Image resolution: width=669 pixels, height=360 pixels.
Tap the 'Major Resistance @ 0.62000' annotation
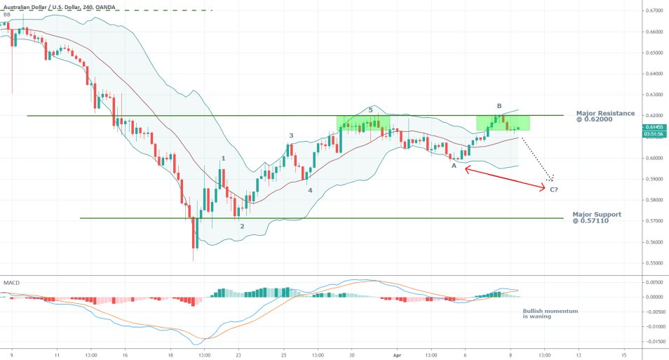click(606, 116)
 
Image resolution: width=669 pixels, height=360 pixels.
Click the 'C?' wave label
click(553, 189)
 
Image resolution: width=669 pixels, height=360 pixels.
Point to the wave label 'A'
click(454, 166)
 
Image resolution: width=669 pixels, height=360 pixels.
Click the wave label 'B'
click(499, 106)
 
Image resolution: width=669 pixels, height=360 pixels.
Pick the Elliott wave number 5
click(371, 110)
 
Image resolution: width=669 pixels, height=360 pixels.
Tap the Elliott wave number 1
click(223, 159)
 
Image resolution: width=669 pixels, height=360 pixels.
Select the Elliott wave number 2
click(242, 226)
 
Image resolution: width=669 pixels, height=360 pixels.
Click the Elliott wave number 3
click(291, 135)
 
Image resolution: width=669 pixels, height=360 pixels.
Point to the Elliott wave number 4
click(309, 189)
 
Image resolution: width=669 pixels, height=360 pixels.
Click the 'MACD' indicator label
click(11, 283)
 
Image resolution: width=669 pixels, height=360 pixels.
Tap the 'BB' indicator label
click(6, 13)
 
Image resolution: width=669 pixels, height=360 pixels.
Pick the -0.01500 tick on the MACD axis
click(654, 342)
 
